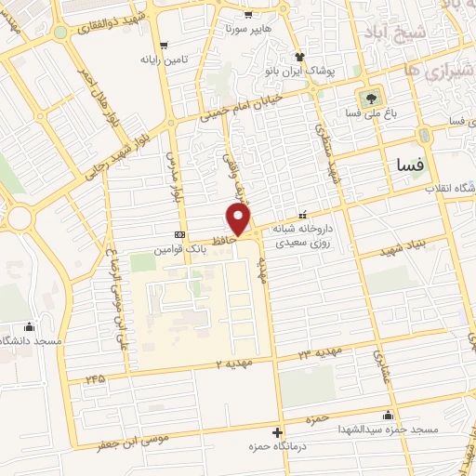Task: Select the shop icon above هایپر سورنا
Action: [247, 15]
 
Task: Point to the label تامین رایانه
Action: [164, 59]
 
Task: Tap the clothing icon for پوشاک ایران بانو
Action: [299, 57]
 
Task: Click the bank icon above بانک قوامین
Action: [179, 234]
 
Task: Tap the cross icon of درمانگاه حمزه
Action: [278, 432]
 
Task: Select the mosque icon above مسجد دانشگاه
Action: [30, 326]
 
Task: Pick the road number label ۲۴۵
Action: [95, 378]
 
